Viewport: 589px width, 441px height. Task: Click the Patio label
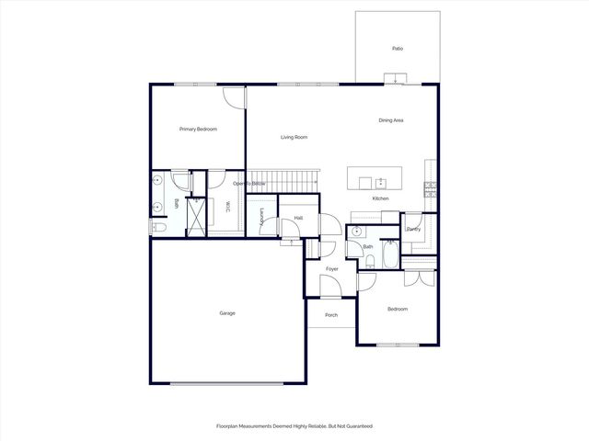(398, 49)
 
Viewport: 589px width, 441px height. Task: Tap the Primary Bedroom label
(198, 130)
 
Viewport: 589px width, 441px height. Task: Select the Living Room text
(294, 137)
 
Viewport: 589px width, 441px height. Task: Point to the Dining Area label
(391, 120)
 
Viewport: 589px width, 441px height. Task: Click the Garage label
(227, 313)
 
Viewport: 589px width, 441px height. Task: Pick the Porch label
(331, 315)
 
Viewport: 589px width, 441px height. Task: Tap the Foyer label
(331, 269)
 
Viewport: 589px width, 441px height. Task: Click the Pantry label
(413, 229)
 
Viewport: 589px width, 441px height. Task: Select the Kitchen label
(380, 198)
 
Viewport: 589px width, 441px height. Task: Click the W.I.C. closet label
(226, 208)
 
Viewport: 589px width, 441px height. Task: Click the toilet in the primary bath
(157, 227)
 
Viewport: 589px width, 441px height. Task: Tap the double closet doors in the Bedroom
(416, 279)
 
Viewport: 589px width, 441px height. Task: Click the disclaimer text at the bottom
(294, 426)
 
